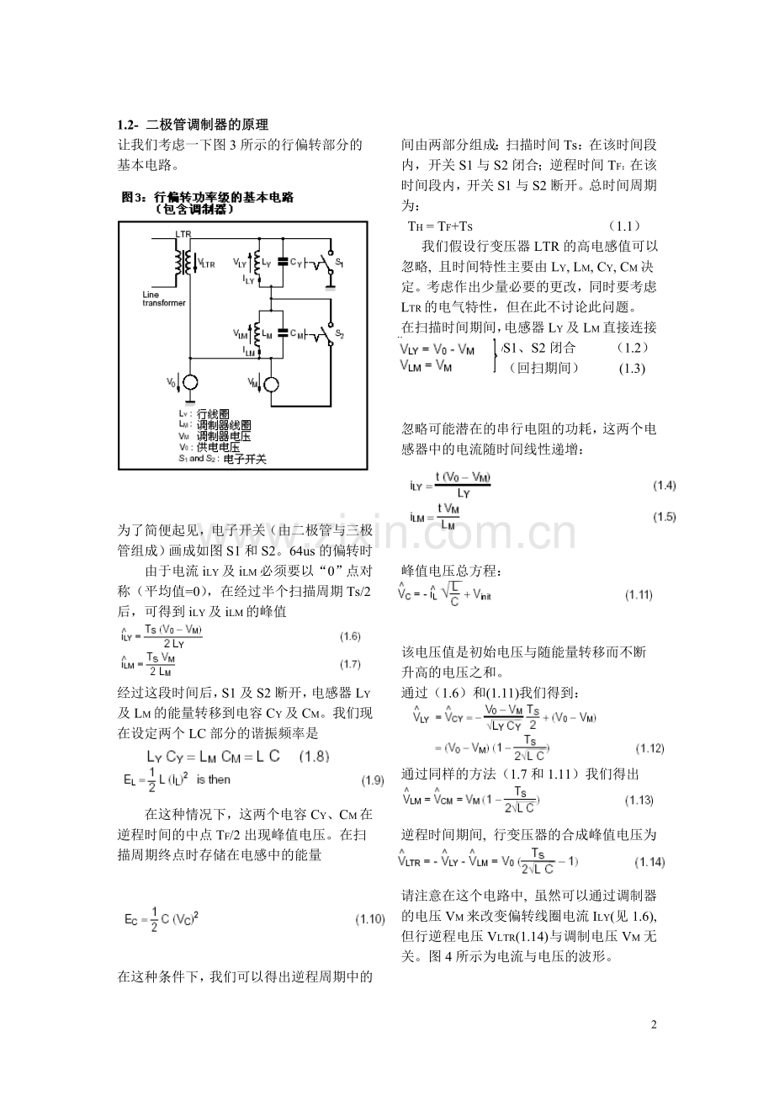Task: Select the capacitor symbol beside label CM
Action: [284, 333]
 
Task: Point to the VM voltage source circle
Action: [271, 384]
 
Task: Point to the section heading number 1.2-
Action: [130, 124]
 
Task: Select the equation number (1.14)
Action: [649, 862]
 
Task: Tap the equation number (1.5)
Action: [664, 517]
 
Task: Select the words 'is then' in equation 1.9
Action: [214, 779]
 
